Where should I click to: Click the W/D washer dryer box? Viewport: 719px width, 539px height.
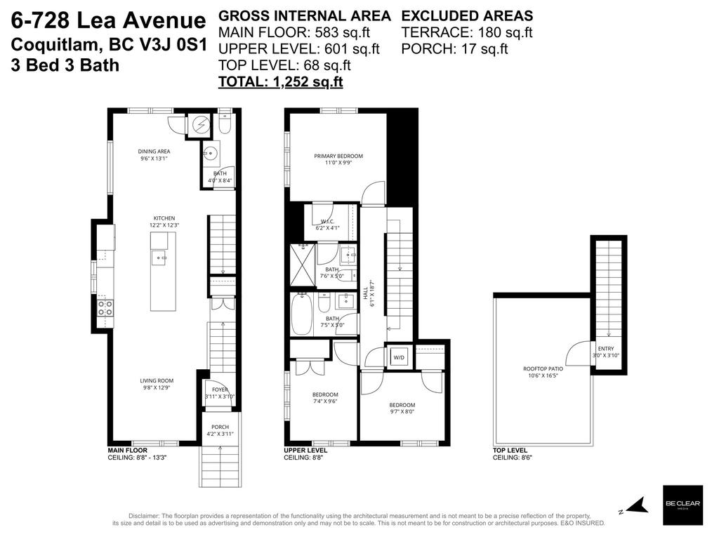pos(399,357)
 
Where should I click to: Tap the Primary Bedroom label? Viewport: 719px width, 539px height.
pos(338,159)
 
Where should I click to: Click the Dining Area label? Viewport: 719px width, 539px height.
pos(154,154)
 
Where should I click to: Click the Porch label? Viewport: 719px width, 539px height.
pos(220,430)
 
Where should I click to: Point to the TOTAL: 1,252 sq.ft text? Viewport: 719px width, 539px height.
pos(280,81)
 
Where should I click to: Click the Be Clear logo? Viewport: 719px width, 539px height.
pos(682,505)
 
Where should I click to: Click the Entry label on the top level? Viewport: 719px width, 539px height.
pos(605,352)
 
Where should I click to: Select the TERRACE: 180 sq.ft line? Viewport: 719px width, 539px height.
pos(466,32)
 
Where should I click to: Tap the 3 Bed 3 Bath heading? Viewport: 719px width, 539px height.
pos(65,65)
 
